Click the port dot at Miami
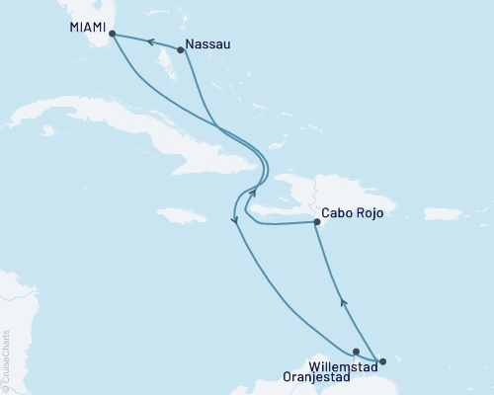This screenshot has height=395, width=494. pyautogui.click(x=112, y=34)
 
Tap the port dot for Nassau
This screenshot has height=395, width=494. pyautogui.click(x=180, y=49)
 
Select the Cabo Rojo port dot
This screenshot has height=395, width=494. pyautogui.click(x=316, y=222)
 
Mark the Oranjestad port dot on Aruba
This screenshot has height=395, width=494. pyautogui.click(x=356, y=351)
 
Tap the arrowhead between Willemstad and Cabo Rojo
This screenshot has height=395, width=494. pyautogui.click(x=343, y=303)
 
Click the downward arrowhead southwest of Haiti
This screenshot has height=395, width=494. pyautogui.click(x=235, y=222)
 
